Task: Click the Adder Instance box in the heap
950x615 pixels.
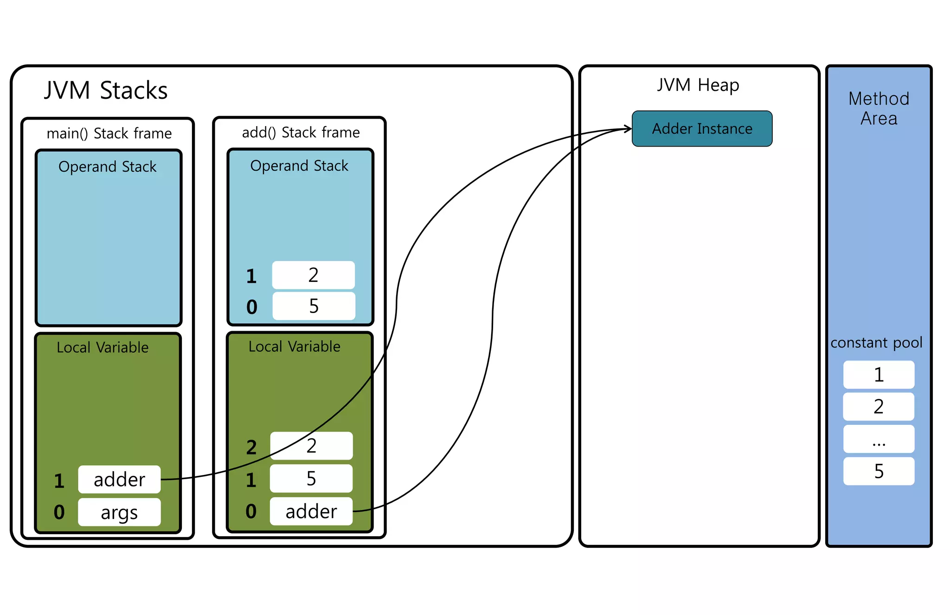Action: pyautogui.click(x=702, y=128)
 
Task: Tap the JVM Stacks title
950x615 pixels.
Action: pyautogui.click(x=106, y=90)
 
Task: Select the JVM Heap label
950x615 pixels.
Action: pyautogui.click(x=698, y=85)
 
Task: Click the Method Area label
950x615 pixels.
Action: pyautogui.click(x=879, y=109)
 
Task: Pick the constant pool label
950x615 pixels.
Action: pyautogui.click(x=876, y=343)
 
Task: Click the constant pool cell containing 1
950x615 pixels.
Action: pyautogui.click(x=879, y=375)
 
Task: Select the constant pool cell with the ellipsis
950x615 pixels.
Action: pyautogui.click(x=879, y=439)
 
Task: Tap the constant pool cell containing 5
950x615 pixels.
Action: pyautogui.click(x=879, y=471)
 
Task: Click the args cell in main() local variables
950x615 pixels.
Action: pyautogui.click(x=119, y=512)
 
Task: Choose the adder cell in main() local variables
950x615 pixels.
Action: pyautogui.click(x=119, y=480)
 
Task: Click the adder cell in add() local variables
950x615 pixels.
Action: pyautogui.click(x=311, y=511)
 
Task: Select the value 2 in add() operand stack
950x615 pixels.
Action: pyautogui.click(x=313, y=275)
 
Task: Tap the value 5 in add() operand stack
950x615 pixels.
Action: pyautogui.click(x=314, y=306)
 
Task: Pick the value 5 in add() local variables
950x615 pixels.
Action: pyautogui.click(x=311, y=479)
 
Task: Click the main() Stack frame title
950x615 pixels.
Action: pyautogui.click(x=109, y=134)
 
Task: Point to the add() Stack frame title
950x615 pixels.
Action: pyautogui.click(x=301, y=133)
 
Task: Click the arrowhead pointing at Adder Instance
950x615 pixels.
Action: pyautogui.click(x=628, y=128)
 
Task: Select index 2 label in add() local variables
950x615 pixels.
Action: pyautogui.click(x=251, y=448)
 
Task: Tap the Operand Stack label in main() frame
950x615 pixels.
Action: pyautogui.click(x=107, y=167)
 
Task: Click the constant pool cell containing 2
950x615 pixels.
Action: pyautogui.click(x=879, y=407)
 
